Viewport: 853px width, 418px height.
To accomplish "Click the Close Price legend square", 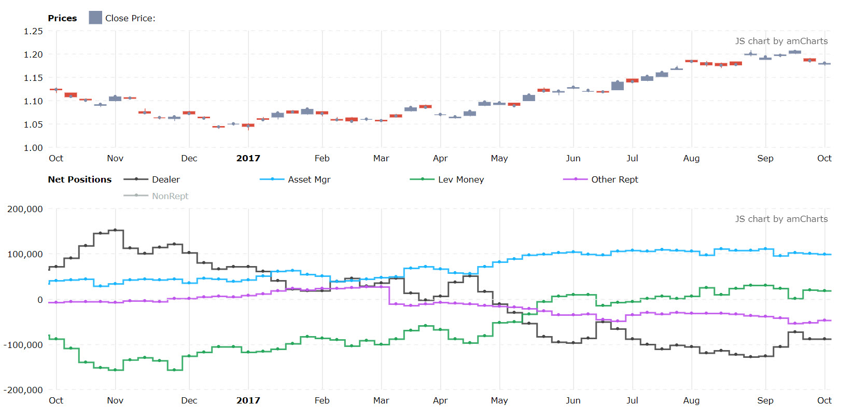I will point(95,18).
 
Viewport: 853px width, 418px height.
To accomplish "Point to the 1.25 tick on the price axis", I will point(33,31).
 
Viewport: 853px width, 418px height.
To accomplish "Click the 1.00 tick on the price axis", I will point(33,148).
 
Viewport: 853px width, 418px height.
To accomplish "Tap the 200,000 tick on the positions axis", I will point(25,209).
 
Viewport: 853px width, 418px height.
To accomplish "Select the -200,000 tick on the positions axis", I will point(23,390).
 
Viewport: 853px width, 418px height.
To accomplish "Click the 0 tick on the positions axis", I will point(39,300).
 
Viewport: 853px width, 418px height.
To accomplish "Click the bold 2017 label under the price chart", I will point(248,158).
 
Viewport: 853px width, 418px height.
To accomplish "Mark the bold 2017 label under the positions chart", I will point(248,400).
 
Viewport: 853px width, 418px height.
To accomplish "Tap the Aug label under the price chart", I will point(691,158).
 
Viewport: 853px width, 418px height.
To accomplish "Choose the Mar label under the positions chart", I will point(381,400).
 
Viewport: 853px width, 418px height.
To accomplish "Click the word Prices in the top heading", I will point(62,18).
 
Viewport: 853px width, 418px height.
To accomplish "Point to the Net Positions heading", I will point(79,179).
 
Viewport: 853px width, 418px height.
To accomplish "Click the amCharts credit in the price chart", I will point(781,41).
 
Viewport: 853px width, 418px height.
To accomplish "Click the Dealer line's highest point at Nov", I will point(115,230).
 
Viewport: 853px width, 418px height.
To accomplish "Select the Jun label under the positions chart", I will point(573,400).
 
